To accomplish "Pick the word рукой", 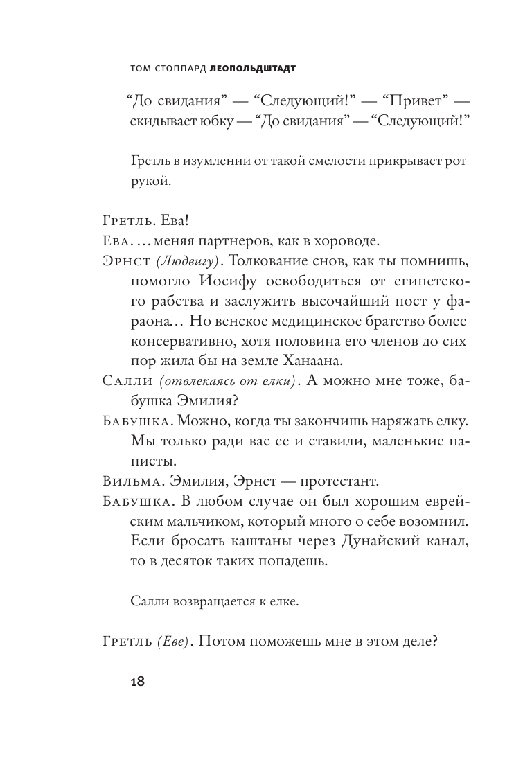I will point(149,182).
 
